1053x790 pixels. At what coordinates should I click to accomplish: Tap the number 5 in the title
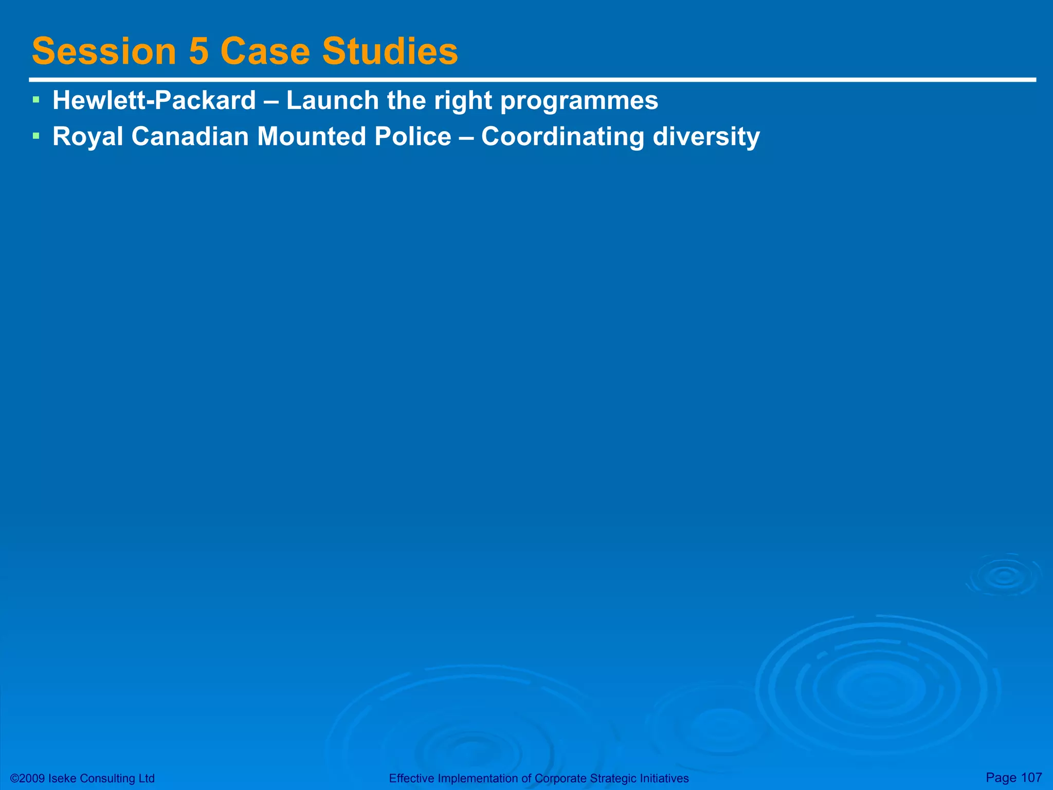click(198, 51)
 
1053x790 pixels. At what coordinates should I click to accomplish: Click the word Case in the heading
click(265, 51)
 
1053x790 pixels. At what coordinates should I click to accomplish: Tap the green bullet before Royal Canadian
click(35, 136)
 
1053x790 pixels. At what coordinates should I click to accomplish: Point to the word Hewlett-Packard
click(154, 100)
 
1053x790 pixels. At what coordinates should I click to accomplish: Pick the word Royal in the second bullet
click(88, 137)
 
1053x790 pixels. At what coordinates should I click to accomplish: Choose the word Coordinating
click(562, 137)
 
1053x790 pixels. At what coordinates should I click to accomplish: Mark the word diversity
click(706, 137)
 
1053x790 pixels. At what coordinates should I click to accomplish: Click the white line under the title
click(532, 80)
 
